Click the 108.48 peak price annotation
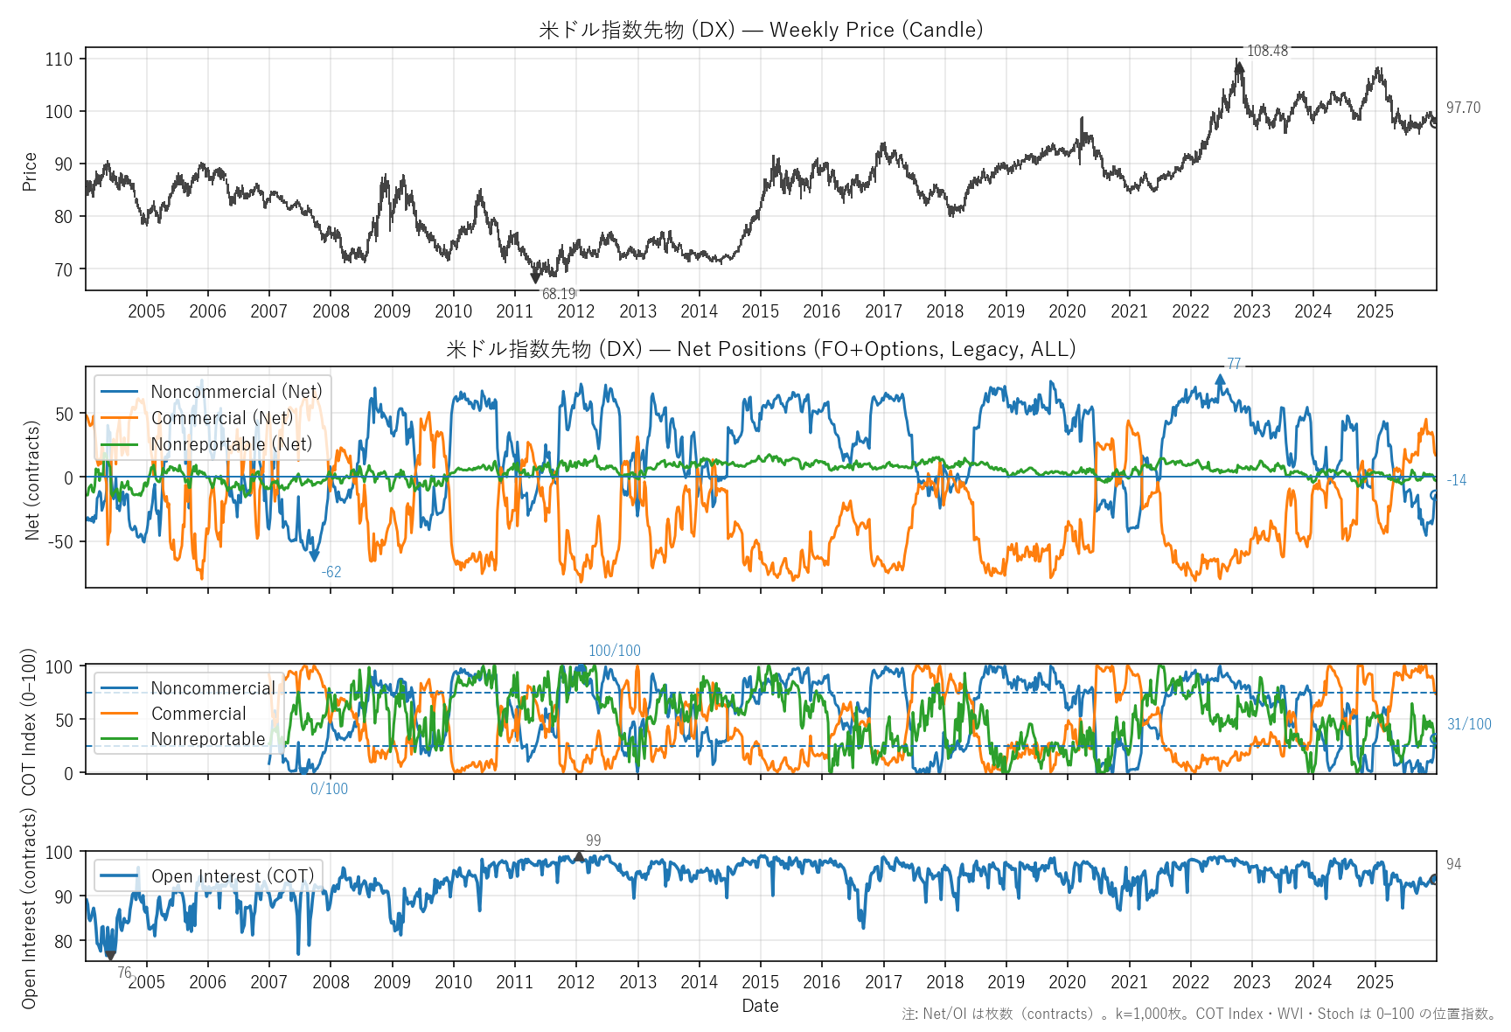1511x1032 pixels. click(x=1267, y=51)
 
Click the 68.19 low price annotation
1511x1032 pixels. click(x=559, y=294)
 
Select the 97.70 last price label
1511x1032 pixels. click(x=1463, y=108)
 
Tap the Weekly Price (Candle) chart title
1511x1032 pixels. click(x=761, y=30)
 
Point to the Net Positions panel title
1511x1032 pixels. click(x=761, y=349)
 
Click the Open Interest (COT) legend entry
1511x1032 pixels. click(x=232, y=876)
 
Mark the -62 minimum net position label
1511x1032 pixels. click(x=331, y=572)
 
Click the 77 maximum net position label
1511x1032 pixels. click(x=1234, y=364)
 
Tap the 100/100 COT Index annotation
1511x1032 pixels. click(x=614, y=651)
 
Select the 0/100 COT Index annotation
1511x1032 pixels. click(x=329, y=789)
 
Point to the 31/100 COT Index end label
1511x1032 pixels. click(x=1469, y=724)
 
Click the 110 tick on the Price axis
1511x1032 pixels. click(x=59, y=59)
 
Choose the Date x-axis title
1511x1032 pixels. click(x=760, y=1006)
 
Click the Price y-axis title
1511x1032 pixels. click(x=30, y=171)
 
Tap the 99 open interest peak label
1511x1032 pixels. click(x=593, y=840)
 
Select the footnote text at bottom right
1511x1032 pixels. click(x=1199, y=1014)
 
